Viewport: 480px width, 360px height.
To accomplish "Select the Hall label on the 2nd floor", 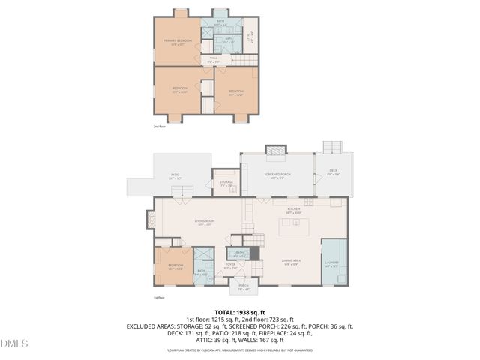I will pyautogui.click(x=213, y=61).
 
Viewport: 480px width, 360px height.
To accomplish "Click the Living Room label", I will pyautogui.click(x=205, y=223).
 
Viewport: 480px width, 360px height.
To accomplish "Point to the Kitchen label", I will pyautogui.click(x=293, y=211).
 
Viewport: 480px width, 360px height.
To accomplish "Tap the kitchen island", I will pyautogui.click(x=294, y=226).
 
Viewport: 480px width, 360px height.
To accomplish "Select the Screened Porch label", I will pyautogui.click(x=277, y=177).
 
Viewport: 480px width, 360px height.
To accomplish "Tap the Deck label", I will pyautogui.click(x=332, y=172).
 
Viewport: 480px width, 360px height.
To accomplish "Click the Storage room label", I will pyautogui.click(x=226, y=183).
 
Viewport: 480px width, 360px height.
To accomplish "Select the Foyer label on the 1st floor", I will pyautogui.click(x=231, y=265).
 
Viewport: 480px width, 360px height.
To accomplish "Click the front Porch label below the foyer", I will pyautogui.click(x=243, y=286).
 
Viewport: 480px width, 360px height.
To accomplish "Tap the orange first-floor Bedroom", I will pyautogui.click(x=174, y=266).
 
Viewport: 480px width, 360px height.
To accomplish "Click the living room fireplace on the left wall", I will pyautogui.click(x=151, y=220).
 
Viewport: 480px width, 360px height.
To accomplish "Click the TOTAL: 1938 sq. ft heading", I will pyautogui.click(x=240, y=312).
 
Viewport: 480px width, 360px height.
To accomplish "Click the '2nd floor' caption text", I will pyautogui.click(x=159, y=127).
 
